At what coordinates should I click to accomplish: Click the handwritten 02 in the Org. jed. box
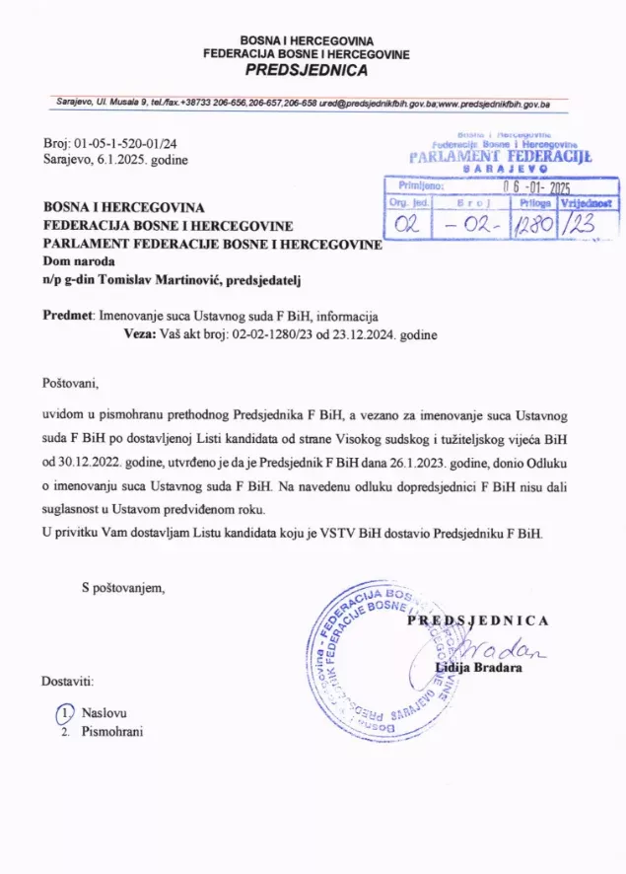click(x=405, y=225)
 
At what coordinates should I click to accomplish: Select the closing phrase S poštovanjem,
click(x=123, y=588)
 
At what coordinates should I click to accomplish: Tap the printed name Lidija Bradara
click(x=479, y=668)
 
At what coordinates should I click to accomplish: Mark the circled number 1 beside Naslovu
click(x=64, y=712)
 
